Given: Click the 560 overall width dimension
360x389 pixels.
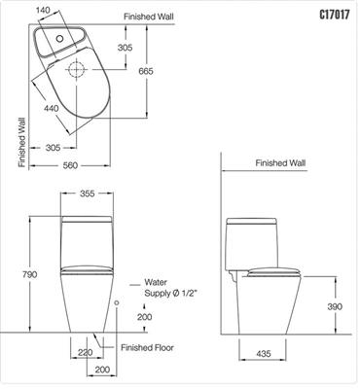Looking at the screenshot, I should click(70, 166).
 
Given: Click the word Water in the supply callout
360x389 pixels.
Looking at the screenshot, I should click(157, 279).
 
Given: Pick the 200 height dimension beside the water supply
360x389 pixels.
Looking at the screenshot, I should click(144, 317).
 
